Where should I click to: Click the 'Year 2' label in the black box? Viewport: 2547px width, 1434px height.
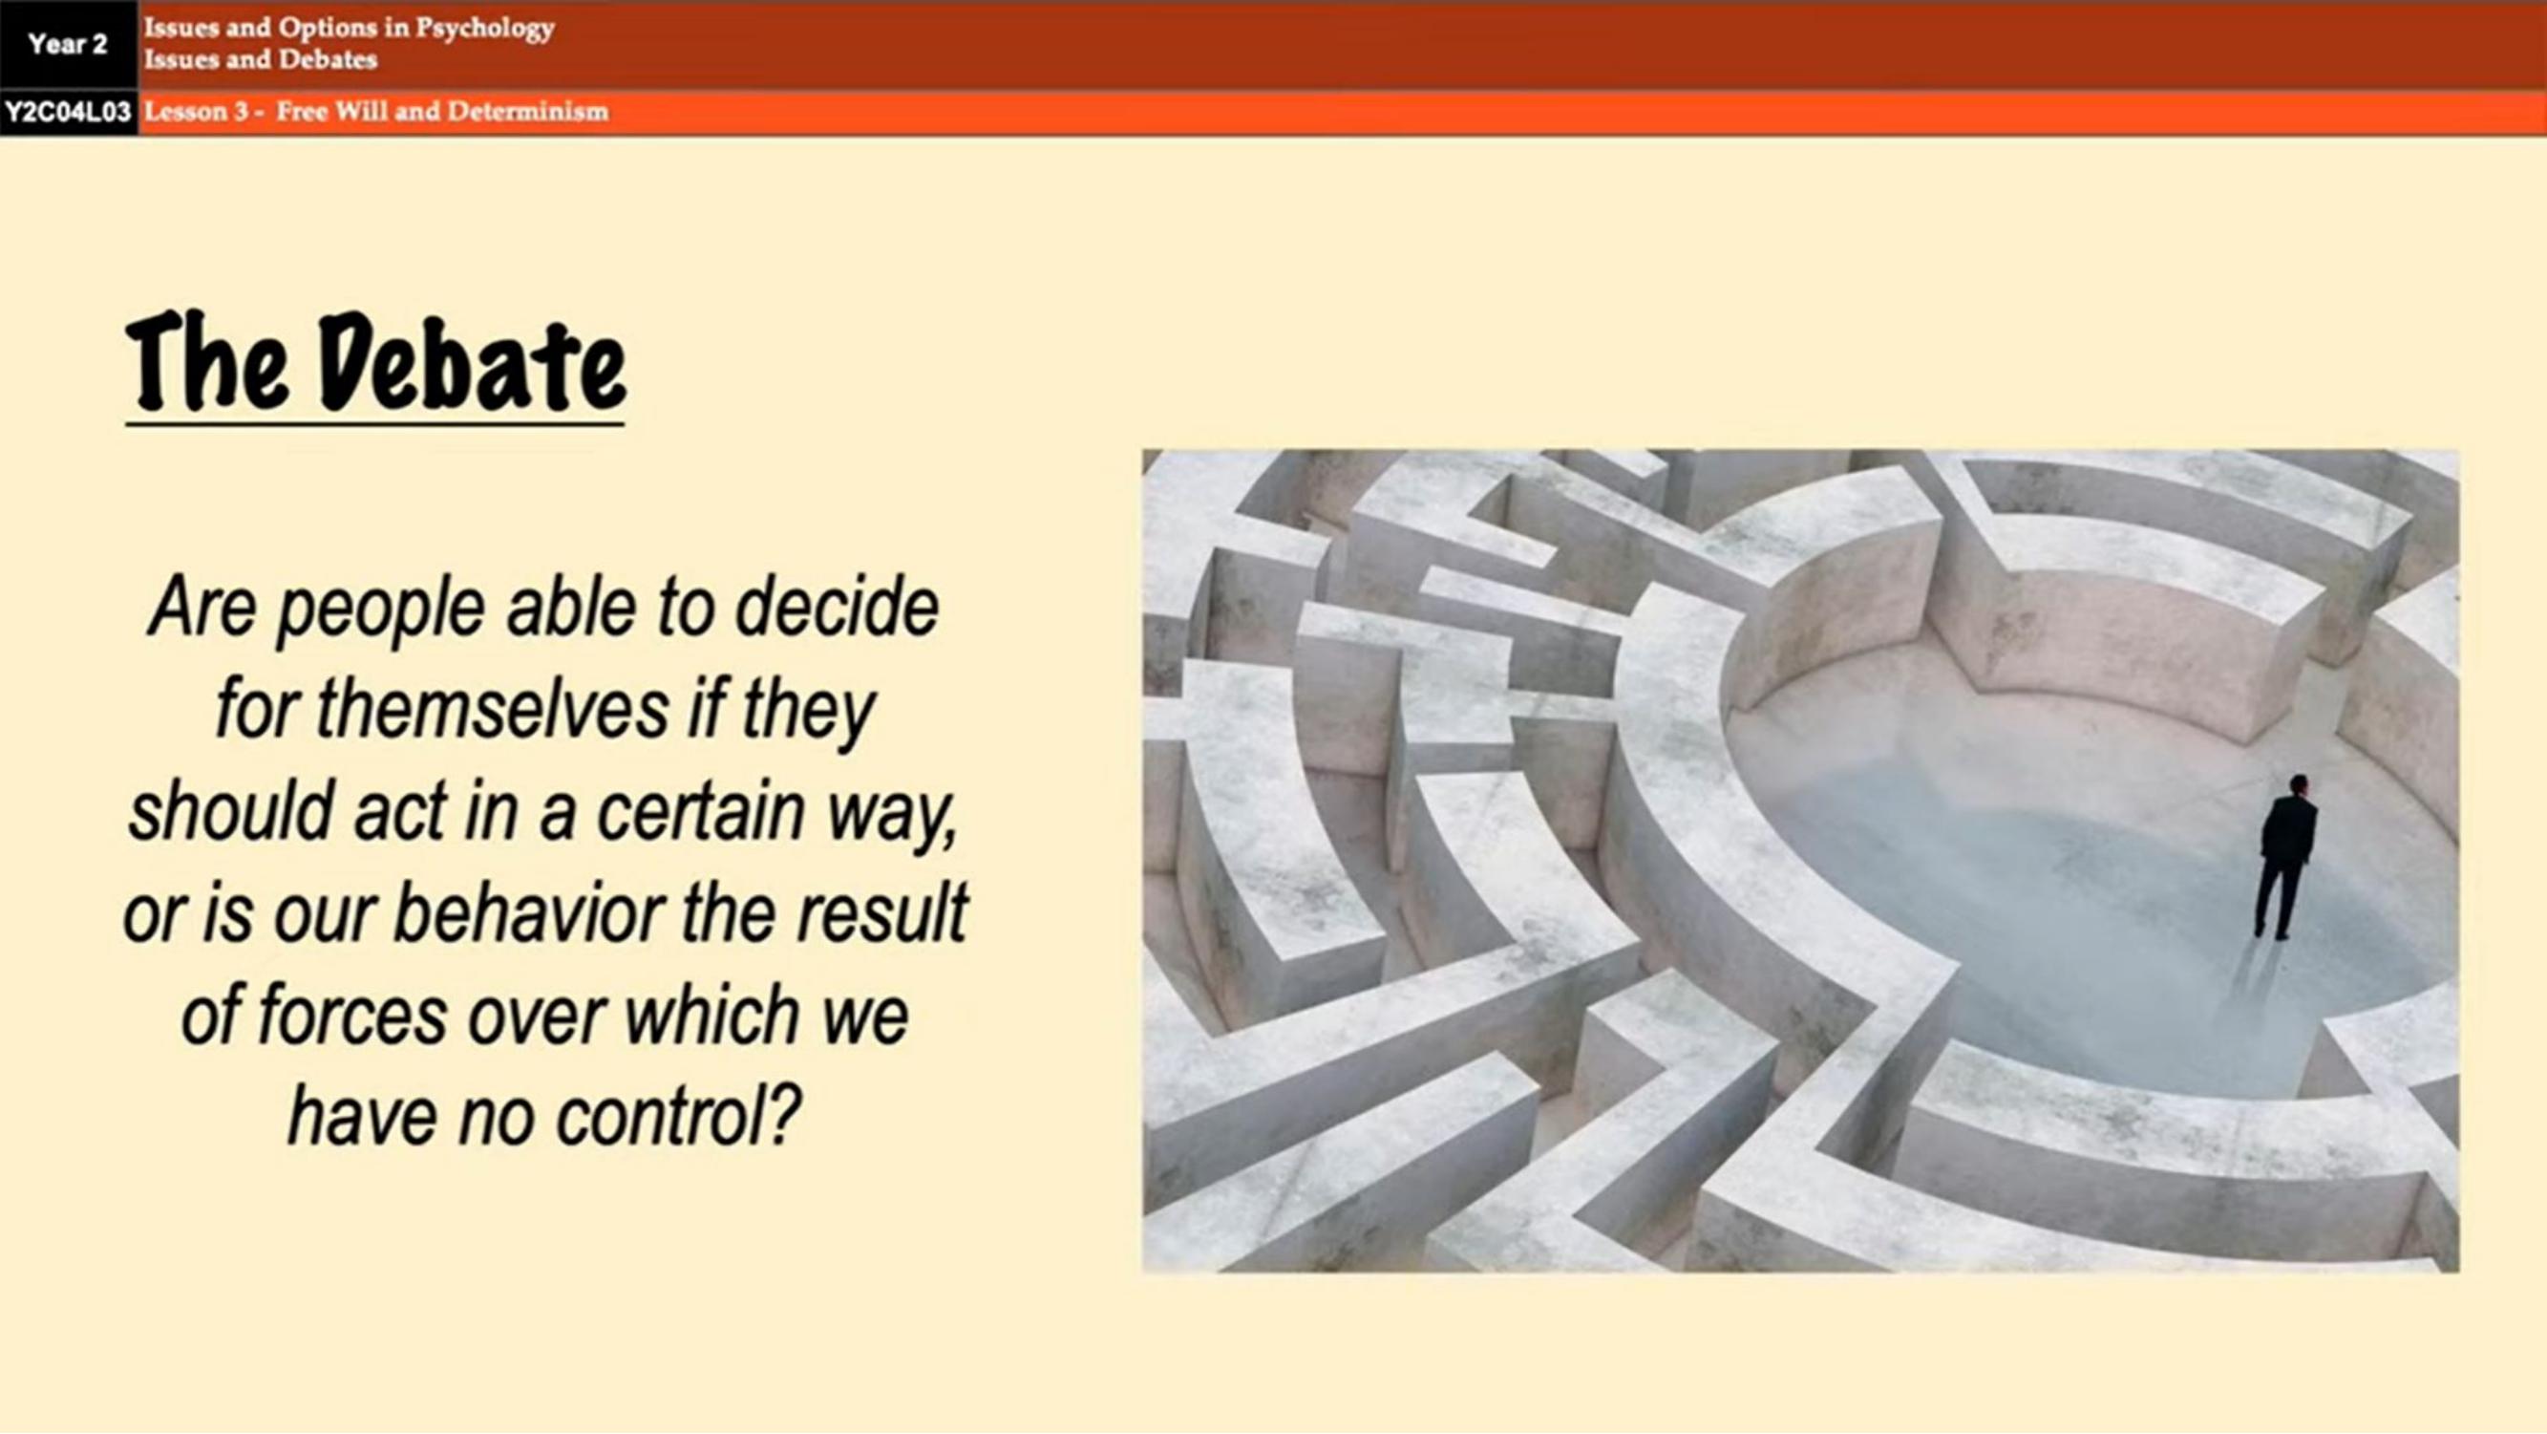67,45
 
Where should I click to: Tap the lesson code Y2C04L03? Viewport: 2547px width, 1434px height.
67,112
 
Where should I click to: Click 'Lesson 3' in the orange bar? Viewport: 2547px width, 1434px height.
196,111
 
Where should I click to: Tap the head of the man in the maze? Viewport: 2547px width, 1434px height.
2299,785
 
